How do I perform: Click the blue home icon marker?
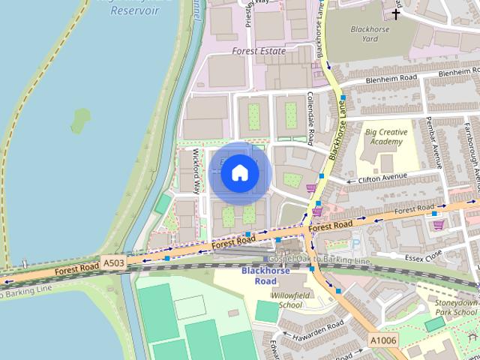239,172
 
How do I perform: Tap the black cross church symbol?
396,13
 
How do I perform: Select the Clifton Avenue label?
382,178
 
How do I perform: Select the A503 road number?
113,262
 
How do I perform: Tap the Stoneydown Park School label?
455,307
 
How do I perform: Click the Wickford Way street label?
197,172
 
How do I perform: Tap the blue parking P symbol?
356,244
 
